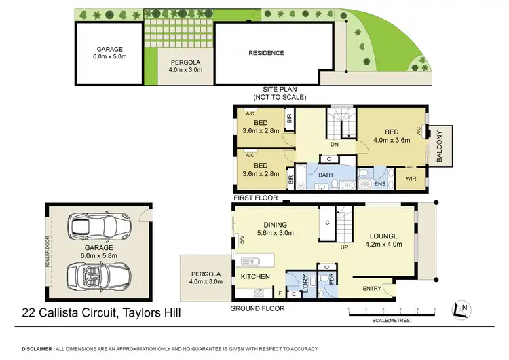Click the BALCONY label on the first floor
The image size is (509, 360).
coord(439,147)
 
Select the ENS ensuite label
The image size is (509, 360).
coord(380,183)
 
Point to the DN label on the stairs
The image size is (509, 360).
coord(335,144)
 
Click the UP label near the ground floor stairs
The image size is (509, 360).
coord(344,248)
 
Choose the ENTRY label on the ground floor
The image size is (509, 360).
coord(372,289)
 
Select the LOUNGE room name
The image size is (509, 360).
coord(384,236)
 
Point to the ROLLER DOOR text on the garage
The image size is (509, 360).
coord(48,251)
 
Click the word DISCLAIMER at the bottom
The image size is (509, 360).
coord(36,348)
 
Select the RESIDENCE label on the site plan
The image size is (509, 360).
coord(266,53)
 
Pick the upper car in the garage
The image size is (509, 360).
coord(99,223)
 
